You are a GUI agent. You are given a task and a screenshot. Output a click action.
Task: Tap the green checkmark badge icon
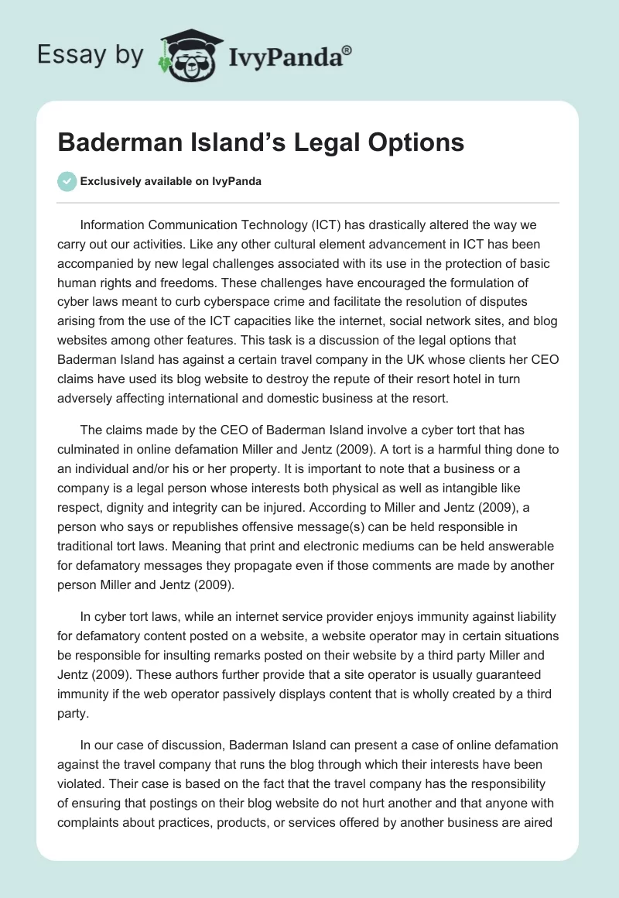(67, 181)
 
